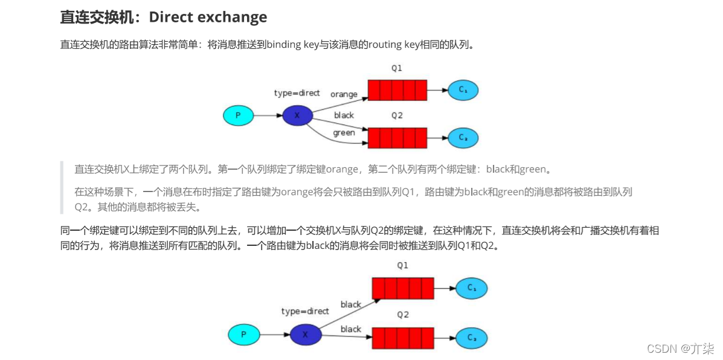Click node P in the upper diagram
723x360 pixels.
(x=238, y=115)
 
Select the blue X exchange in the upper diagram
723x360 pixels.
(x=297, y=115)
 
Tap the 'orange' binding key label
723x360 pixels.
(x=344, y=94)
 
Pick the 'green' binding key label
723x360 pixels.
(x=344, y=133)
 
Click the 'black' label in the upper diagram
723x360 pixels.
(x=344, y=115)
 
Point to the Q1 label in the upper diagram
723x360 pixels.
(x=396, y=68)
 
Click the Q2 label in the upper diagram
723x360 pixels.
(x=396, y=115)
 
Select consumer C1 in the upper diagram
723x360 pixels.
(x=463, y=90)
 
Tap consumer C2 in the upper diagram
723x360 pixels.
(x=463, y=138)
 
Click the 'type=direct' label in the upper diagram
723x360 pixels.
(x=297, y=93)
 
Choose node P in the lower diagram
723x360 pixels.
(x=243, y=334)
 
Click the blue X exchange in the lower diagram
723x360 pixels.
(x=304, y=334)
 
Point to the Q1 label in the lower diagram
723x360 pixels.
(x=402, y=265)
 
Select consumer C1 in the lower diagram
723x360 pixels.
(x=471, y=289)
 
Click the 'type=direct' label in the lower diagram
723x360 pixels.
(x=304, y=312)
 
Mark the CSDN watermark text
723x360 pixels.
(x=680, y=349)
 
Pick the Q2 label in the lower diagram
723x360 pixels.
(x=402, y=315)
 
